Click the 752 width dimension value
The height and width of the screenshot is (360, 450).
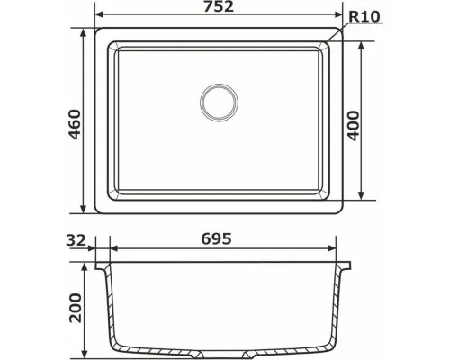pyautogui.click(x=219, y=6)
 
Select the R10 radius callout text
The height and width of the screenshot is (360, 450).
pyautogui.click(x=364, y=17)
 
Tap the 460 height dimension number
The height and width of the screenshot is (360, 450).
pyautogui.click(x=75, y=124)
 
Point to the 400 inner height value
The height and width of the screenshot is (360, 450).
pyautogui.click(x=354, y=126)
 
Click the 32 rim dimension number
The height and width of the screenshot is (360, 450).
pyautogui.click(x=76, y=240)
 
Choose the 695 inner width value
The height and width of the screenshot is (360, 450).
pyautogui.click(x=216, y=238)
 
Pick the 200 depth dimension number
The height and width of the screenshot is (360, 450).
pyautogui.click(x=75, y=308)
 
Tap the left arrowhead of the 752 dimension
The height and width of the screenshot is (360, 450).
pyautogui.click(x=99, y=14)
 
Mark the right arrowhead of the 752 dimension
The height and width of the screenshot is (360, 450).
pyautogui.click(x=338, y=14)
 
